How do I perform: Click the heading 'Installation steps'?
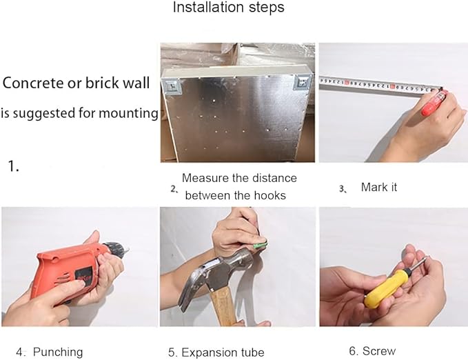click(228, 7)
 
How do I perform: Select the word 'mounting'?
click(128, 114)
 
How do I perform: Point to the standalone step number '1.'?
click(13, 166)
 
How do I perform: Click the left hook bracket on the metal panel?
click(172, 86)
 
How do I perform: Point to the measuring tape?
click(380, 86)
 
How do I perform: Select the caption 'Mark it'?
click(379, 188)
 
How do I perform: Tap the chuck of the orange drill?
click(116, 249)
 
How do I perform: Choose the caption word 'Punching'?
click(58, 352)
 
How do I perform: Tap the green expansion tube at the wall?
click(259, 246)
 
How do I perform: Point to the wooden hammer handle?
click(224, 308)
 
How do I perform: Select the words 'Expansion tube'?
click(223, 352)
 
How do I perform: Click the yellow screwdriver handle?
click(385, 289)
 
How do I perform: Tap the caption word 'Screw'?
click(379, 351)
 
